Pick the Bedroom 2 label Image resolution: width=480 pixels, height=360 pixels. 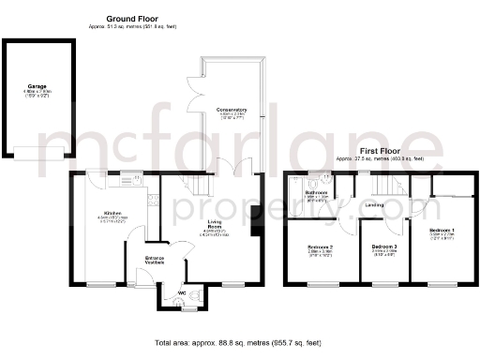[x=320, y=247]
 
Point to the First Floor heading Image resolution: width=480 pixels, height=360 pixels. [x=380, y=150]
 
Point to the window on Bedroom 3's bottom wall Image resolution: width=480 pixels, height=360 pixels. [x=384, y=283]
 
